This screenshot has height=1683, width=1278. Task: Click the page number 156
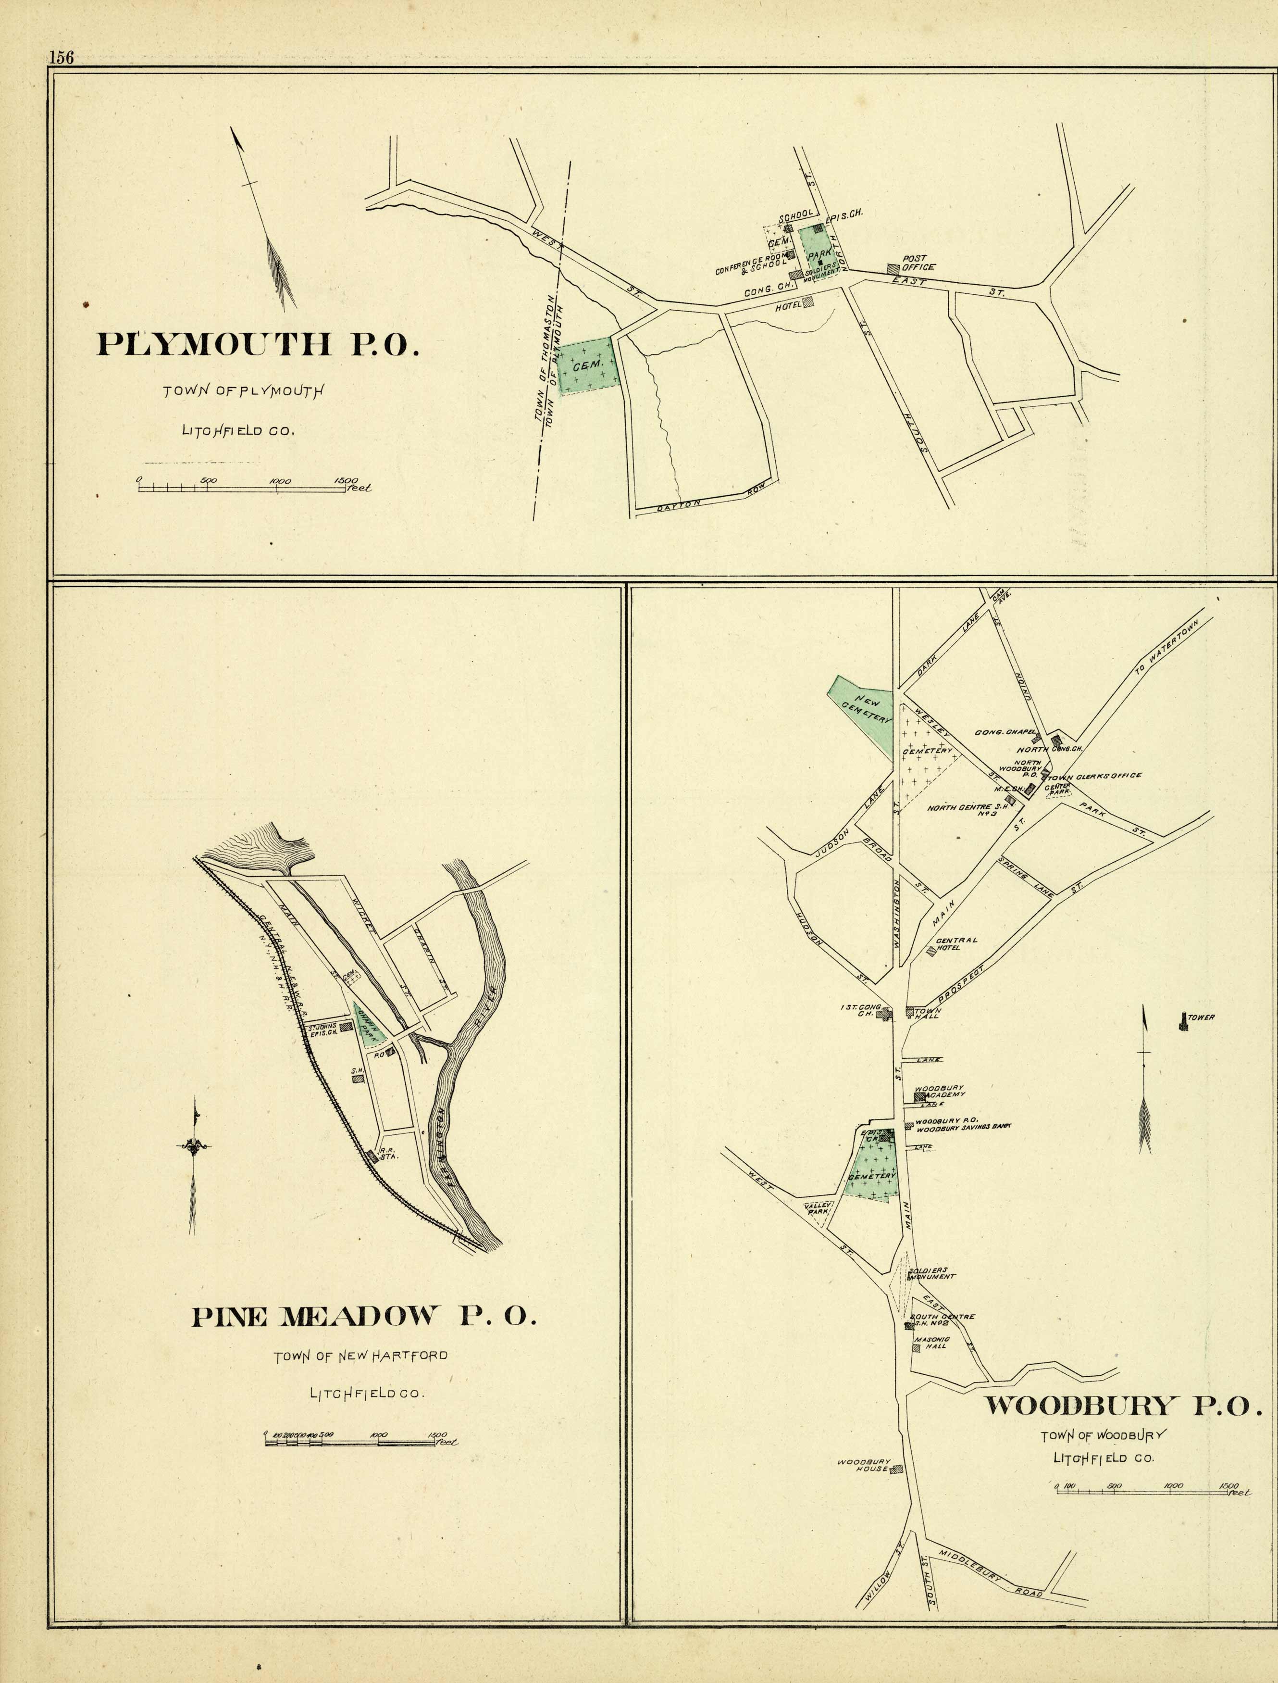click(61, 58)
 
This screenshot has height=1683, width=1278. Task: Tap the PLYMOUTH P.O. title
click(258, 345)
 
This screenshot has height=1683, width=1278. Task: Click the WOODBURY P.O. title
click(1118, 1405)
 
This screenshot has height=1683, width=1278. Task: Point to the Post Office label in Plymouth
click(918, 263)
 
